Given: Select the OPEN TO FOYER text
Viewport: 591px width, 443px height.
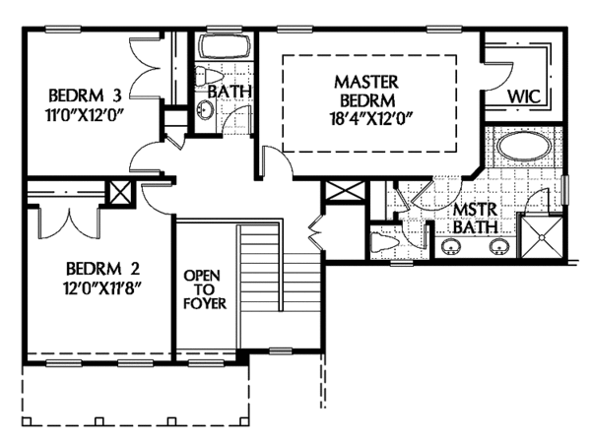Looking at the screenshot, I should coord(205,286).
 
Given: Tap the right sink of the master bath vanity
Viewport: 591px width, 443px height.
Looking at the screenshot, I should coord(499,247).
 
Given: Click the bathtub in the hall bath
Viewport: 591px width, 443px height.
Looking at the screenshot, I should coord(224,46).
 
